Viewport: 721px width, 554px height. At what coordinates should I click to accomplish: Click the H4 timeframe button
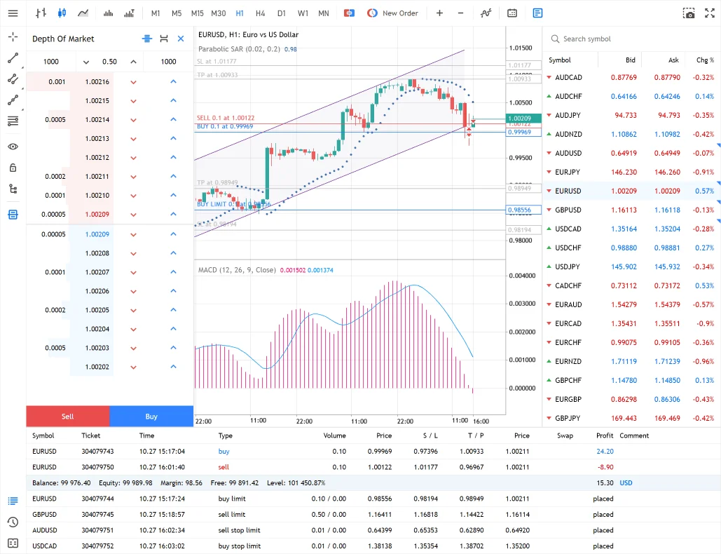coord(261,13)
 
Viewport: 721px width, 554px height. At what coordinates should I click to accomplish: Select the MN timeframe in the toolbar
coord(324,13)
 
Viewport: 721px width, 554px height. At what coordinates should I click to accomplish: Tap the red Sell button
coord(67,417)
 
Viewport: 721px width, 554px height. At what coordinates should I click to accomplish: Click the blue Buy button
coord(151,417)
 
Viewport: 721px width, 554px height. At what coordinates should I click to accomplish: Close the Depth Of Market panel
coord(181,39)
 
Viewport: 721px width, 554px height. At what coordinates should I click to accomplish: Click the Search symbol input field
coord(631,39)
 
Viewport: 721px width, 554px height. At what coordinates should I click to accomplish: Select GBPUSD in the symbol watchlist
coord(568,210)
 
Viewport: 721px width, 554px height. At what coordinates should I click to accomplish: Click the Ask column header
coord(673,60)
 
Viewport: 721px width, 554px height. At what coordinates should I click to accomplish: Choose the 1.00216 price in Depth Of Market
coord(97,82)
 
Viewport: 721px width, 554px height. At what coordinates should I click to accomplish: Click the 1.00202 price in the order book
coord(97,367)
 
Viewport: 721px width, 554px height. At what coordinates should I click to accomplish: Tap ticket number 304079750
coord(97,467)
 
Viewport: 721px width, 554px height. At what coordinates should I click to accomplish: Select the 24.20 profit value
coord(605,452)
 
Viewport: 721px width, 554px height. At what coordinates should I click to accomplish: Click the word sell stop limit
coord(239,530)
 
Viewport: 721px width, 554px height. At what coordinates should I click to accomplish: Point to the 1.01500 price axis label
coord(521,48)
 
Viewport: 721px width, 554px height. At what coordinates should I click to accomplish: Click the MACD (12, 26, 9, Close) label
coord(237,270)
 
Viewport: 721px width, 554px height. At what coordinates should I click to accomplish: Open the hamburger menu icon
coord(13,13)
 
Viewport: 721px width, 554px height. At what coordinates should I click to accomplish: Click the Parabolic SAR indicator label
coord(239,49)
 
